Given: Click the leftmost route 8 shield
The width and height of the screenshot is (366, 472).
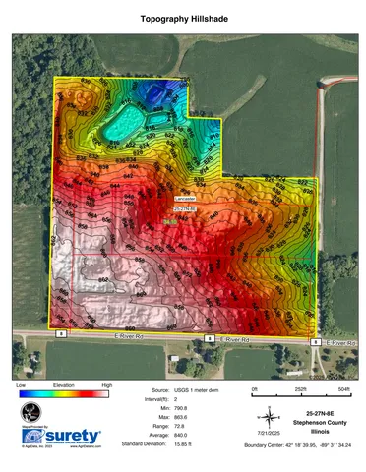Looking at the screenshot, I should pyautogui.click(x=61, y=334).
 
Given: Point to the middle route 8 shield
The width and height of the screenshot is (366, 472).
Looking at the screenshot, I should pyautogui.click(x=208, y=338).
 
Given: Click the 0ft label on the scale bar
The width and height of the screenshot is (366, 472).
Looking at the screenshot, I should pyautogui.click(x=254, y=389).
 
